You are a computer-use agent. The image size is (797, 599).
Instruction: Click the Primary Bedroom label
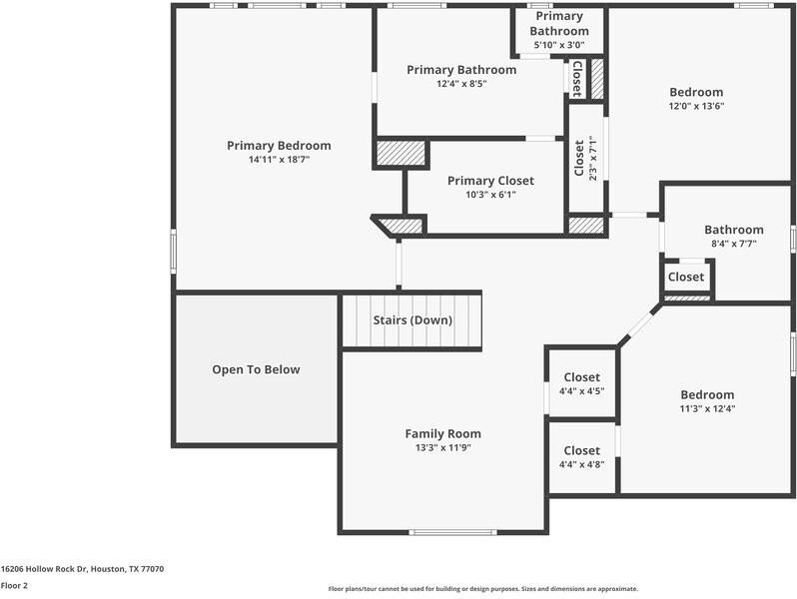pyautogui.click(x=279, y=146)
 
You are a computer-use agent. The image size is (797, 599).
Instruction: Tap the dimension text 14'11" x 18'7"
pyautogui.click(x=279, y=160)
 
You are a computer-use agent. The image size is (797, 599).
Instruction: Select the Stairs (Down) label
pyautogui.click(x=412, y=320)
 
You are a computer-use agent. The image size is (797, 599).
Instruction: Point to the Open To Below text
pyautogui.click(x=256, y=369)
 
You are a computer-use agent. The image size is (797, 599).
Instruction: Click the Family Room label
pyautogui.click(x=442, y=434)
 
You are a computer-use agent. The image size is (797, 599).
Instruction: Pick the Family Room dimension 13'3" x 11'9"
pyautogui.click(x=442, y=447)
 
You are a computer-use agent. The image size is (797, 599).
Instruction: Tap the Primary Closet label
pyautogui.click(x=490, y=181)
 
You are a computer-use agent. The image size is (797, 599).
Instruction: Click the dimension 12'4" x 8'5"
pyautogui.click(x=461, y=84)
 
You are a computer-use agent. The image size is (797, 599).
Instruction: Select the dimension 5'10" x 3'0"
pyautogui.click(x=559, y=45)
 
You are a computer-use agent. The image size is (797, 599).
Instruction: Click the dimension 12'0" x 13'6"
pyautogui.click(x=696, y=106)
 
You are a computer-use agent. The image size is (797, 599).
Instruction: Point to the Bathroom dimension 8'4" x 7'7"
pyautogui.click(x=733, y=244)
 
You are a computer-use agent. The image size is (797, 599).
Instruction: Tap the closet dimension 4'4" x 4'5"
pyautogui.click(x=581, y=391)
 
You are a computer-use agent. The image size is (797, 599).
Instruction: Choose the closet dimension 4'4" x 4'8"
pyautogui.click(x=581, y=464)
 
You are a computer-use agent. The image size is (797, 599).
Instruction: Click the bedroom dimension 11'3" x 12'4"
pyautogui.click(x=707, y=408)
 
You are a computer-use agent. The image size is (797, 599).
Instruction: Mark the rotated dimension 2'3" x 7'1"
pyautogui.click(x=591, y=158)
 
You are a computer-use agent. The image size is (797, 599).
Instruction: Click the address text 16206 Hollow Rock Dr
pyautogui.click(x=44, y=569)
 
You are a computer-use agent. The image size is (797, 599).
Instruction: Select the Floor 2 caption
pyautogui.click(x=14, y=585)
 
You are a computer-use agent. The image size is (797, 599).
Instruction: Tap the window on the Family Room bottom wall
pyautogui.click(x=452, y=532)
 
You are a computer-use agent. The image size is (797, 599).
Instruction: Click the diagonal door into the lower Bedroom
pyautogui.click(x=639, y=323)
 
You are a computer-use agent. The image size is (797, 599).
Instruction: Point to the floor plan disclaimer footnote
pyautogui.click(x=482, y=589)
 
